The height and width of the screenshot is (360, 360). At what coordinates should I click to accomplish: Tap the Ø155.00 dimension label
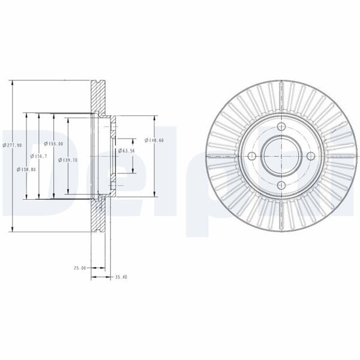(x=54, y=144)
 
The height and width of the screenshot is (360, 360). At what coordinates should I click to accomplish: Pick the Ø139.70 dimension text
(x=68, y=160)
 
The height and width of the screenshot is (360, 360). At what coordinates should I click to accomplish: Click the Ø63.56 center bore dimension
(x=125, y=150)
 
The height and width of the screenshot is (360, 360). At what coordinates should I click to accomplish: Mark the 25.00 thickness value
(x=79, y=268)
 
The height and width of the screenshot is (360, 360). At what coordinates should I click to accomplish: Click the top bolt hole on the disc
(x=281, y=127)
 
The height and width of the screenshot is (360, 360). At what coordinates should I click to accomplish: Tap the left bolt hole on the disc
(x=251, y=156)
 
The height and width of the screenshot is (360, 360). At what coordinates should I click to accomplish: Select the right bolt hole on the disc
(x=310, y=156)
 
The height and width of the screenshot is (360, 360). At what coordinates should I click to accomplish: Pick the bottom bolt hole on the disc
(x=281, y=185)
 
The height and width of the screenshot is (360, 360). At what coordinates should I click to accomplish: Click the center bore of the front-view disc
(x=281, y=156)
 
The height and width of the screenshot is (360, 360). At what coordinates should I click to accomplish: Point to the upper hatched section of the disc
(x=98, y=96)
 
